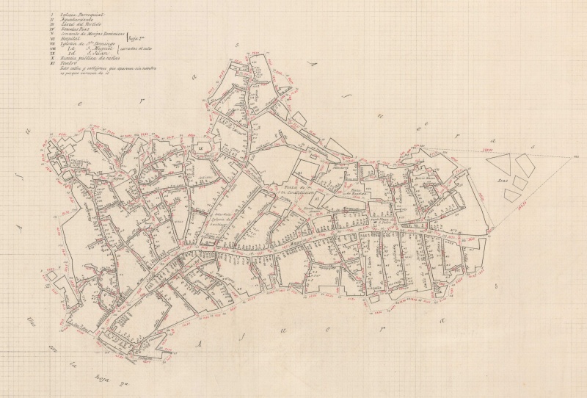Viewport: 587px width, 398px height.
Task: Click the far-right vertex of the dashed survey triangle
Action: [x=576, y=156]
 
